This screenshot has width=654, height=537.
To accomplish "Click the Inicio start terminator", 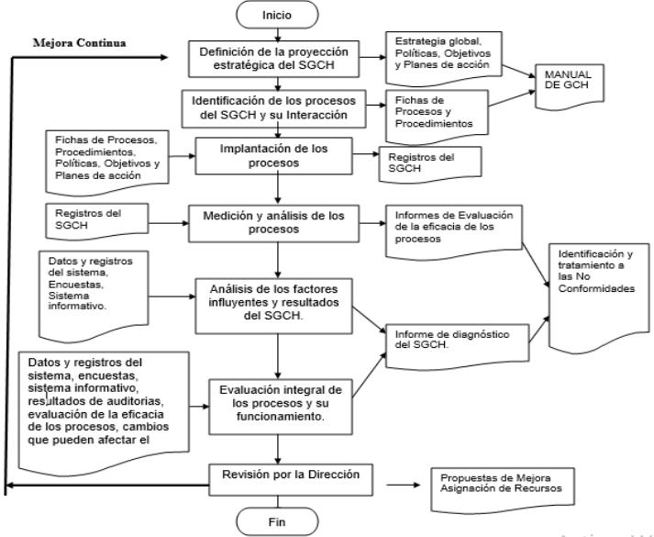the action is tap(277, 15).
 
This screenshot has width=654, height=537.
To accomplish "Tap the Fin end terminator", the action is tap(277, 521).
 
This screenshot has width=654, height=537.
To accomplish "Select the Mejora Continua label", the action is tap(79, 43).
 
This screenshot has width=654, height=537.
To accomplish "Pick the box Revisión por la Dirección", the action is tap(291, 480).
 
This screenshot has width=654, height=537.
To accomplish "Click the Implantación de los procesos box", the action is tap(274, 156).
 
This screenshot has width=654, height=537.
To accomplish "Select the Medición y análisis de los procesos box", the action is tap(273, 223).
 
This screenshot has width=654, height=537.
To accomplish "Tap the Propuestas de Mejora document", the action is tap(503, 490).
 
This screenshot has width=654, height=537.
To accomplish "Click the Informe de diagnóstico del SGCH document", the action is tap(457, 346).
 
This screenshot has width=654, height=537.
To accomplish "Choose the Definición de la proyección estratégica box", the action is tap(273, 59).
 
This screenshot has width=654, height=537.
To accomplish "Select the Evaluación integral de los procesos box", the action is tap(281, 407).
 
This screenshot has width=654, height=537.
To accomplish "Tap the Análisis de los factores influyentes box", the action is tap(273, 306).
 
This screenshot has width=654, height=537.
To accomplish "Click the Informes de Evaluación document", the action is tap(454, 232).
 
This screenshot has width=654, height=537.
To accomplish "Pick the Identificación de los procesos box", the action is tap(273, 108).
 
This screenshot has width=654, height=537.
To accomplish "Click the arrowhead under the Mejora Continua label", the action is tap(164, 58).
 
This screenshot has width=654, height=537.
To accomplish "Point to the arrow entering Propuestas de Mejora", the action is tap(404, 485).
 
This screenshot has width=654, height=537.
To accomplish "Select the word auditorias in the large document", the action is tap(137, 401).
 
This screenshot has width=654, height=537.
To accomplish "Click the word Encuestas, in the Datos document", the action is tap(76, 285).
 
